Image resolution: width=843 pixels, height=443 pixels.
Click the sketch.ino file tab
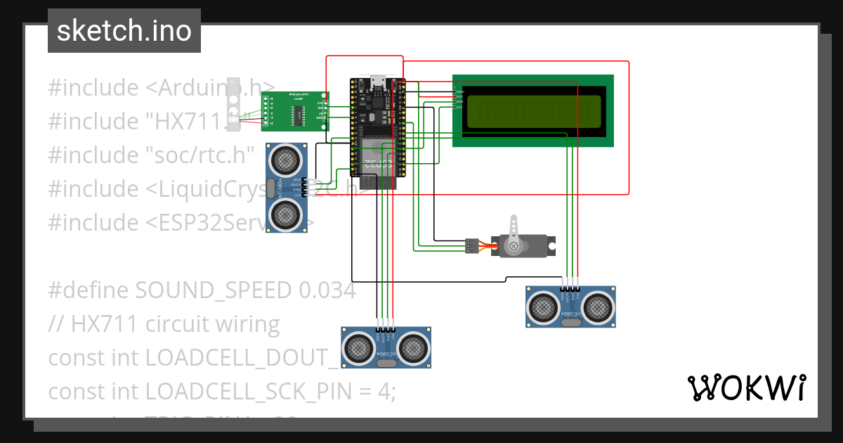click(x=124, y=31)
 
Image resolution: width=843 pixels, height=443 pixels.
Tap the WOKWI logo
click(x=746, y=387)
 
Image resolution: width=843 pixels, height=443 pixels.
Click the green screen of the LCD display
click(x=532, y=111)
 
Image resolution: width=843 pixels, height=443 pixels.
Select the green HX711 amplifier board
click(x=295, y=111)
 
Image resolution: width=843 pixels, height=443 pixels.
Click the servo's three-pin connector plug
click(x=471, y=246)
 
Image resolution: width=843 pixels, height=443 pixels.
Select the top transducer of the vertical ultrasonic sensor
click(x=285, y=161)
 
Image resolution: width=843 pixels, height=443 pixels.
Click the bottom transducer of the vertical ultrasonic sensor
click(x=285, y=212)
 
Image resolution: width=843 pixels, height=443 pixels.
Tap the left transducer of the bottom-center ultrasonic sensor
click(x=360, y=347)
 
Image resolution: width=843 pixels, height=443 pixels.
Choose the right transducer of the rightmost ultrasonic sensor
click(x=597, y=306)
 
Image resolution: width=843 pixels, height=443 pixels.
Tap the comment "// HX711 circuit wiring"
click(x=164, y=323)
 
